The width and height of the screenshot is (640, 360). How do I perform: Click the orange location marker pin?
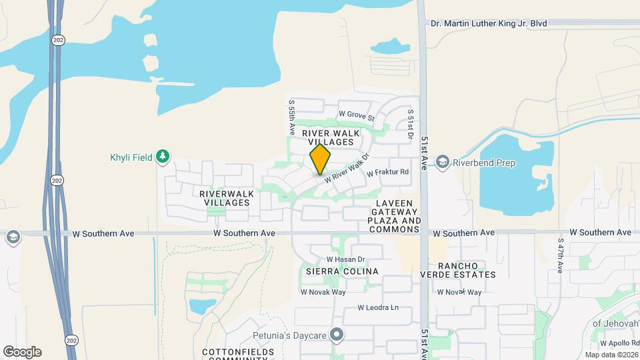[320, 159]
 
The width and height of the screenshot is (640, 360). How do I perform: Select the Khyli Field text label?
[131, 158]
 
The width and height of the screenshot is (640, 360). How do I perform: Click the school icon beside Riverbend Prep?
[442, 162]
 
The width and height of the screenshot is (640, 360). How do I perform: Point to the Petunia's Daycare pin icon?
[337, 335]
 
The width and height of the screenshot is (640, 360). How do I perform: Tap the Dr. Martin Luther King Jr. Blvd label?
[489, 23]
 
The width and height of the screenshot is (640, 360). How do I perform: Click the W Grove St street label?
[357, 115]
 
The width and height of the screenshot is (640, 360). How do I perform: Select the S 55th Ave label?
[291, 118]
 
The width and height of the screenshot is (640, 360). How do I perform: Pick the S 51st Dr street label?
[411, 124]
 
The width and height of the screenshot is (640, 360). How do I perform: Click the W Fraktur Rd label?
[388, 172]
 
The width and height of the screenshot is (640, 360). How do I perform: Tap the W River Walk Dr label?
[347, 170]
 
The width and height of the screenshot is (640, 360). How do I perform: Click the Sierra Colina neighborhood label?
[342, 271]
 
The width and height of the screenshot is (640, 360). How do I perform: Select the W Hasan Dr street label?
[346, 259]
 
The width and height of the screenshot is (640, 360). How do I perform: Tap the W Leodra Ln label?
[377, 308]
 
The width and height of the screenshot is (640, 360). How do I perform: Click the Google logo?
[22, 352]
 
